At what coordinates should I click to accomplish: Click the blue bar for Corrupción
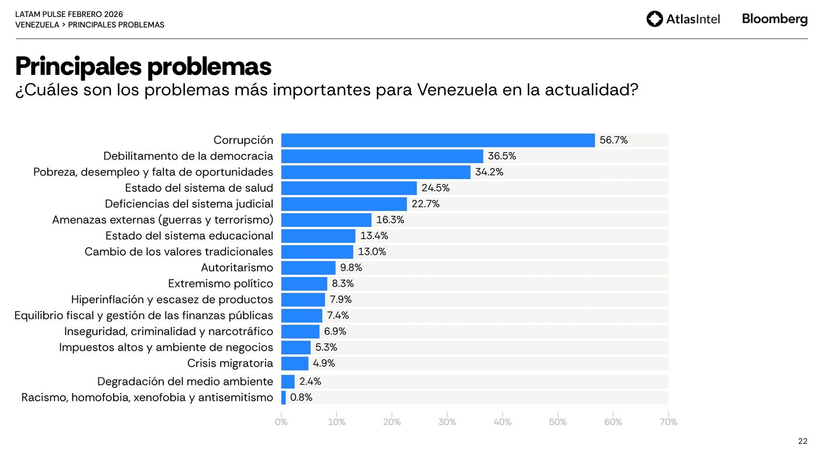pyautogui.click(x=438, y=140)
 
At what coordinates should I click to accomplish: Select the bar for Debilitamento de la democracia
pyautogui.click(x=382, y=156)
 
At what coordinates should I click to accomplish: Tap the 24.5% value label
pyautogui.click(x=435, y=188)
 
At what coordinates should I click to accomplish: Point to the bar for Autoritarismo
pyautogui.click(x=308, y=268)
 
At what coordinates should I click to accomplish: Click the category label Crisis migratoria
pyautogui.click(x=230, y=363)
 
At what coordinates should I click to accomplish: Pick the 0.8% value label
pyautogui.click(x=301, y=398)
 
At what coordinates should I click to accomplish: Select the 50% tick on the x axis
pyautogui.click(x=558, y=422)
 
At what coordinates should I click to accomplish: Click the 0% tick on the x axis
pyautogui.click(x=281, y=422)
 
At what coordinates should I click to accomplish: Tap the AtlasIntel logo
pyautogui.click(x=683, y=19)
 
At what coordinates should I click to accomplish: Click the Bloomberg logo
pyautogui.click(x=774, y=19)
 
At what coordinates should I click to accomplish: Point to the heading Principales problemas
pyautogui.click(x=143, y=66)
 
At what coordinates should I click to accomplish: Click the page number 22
pyautogui.click(x=802, y=442)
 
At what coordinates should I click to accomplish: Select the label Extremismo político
pyautogui.click(x=221, y=284)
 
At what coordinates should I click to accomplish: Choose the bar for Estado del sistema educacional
pyautogui.click(x=318, y=236)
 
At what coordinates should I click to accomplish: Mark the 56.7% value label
pyautogui.click(x=614, y=140)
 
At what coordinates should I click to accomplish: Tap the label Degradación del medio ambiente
pyautogui.click(x=185, y=382)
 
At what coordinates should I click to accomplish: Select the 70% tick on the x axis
pyautogui.click(x=668, y=422)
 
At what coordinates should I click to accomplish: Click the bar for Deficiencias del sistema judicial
pyautogui.click(x=344, y=204)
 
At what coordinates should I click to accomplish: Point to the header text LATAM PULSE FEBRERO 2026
pyautogui.click(x=69, y=14)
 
